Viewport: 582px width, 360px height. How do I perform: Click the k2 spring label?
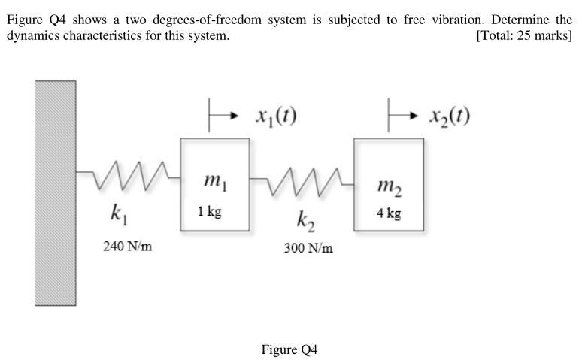click(x=307, y=222)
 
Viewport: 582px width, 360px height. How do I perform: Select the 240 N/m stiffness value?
click(x=129, y=245)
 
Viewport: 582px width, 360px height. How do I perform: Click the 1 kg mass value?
click(x=210, y=212)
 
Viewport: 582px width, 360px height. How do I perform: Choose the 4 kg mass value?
click(x=389, y=213)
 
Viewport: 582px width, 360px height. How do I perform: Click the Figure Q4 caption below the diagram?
click(x=289, y=349)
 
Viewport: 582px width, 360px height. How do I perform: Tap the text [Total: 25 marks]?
click(x=525, y=35)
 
